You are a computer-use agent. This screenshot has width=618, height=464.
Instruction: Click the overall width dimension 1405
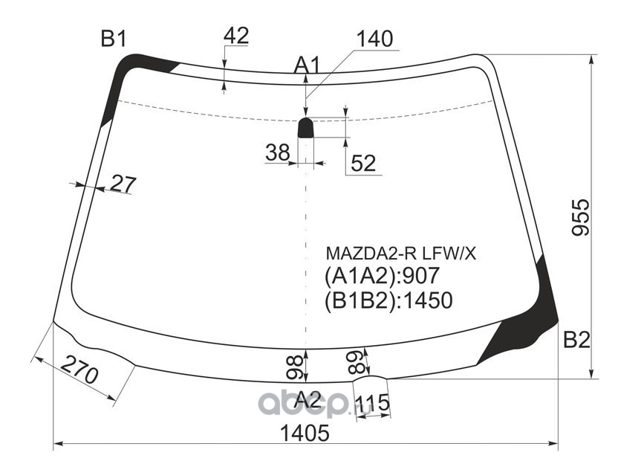point(304,433)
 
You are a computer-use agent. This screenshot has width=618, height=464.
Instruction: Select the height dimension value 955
point(581,217)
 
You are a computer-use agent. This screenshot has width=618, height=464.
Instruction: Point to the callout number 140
point(374,39)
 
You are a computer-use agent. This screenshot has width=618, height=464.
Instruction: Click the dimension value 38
point(278,152)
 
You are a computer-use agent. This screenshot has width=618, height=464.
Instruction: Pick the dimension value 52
point(363,163)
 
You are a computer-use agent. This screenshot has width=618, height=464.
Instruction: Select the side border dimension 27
point(123,184)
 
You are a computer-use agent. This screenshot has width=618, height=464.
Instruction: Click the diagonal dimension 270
point(79,370)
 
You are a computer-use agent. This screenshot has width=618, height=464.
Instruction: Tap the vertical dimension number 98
point(294,368)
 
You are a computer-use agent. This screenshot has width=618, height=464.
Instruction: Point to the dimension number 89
point(357,362)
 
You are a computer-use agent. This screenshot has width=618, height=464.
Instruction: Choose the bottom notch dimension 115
point(371,403)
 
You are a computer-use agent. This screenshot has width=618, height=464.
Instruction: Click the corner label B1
point(114,39)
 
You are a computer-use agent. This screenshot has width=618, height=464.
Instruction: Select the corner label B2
point(576,340)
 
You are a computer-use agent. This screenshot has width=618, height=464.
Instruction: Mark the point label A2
point(308,401)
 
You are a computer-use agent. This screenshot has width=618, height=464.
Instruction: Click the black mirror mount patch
point(305,127)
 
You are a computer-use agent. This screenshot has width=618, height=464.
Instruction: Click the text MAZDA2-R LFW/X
point(401,254)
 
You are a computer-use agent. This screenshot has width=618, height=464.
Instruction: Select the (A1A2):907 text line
point(381,276)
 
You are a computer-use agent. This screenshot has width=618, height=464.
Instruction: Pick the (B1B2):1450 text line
point(388,300)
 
